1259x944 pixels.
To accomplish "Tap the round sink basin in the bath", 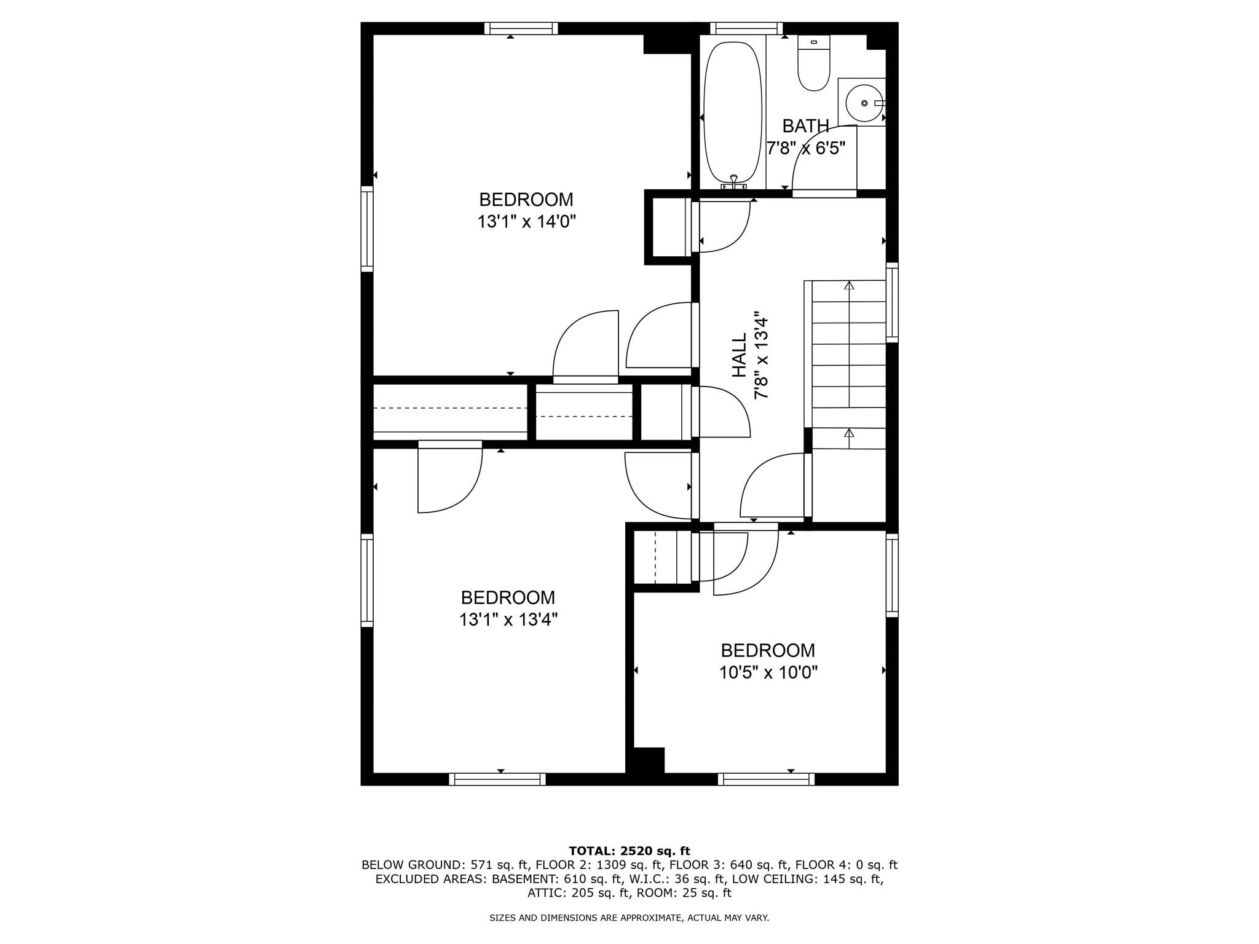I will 864,103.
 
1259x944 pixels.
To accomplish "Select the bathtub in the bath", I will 733,114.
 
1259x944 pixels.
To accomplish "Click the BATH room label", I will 805,126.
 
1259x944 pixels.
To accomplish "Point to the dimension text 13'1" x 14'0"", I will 526,221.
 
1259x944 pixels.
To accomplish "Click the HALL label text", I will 740,355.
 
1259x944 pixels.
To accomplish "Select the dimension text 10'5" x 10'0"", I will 768,673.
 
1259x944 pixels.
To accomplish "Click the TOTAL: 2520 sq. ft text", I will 629,851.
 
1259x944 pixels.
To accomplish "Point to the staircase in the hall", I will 848,363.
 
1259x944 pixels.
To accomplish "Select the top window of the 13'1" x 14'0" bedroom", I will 521,28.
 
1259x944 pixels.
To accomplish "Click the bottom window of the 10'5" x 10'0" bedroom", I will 766,779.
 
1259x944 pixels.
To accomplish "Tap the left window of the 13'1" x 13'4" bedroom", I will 367,580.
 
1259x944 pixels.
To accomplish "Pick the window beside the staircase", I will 892,302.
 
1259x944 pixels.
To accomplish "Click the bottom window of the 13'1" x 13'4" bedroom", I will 497,779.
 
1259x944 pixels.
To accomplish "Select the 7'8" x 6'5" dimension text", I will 805,148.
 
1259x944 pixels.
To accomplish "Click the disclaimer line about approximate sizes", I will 629,918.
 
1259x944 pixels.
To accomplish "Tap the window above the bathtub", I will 746,28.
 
